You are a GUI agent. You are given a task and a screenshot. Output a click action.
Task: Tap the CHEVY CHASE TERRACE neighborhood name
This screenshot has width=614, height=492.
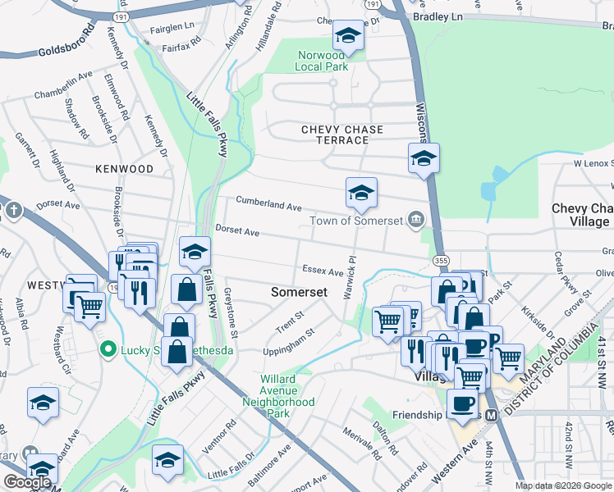click(335, 134)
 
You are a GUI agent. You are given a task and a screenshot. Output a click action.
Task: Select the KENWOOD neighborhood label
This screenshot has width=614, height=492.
click(124, 169)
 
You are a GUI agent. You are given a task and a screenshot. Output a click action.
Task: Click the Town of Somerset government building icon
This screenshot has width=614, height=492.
click(416, 219)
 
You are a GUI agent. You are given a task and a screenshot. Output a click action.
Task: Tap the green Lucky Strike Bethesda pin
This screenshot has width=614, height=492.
click(106, 350)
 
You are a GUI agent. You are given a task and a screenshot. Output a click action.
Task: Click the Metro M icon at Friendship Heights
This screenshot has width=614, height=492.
click(492, 416)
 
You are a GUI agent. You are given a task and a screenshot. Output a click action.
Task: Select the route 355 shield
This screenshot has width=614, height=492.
click(441, 260)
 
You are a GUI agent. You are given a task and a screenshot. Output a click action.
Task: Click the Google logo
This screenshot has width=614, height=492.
click(26, 482)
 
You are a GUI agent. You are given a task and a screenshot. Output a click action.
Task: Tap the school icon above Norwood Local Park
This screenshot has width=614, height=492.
click(347, 35)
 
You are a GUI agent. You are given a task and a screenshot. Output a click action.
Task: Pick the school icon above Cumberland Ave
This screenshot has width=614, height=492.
click(360, 193)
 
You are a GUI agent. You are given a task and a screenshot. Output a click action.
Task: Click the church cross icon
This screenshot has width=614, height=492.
click(12, 211)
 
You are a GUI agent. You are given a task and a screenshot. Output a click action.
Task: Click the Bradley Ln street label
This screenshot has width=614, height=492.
click(438, 16)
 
